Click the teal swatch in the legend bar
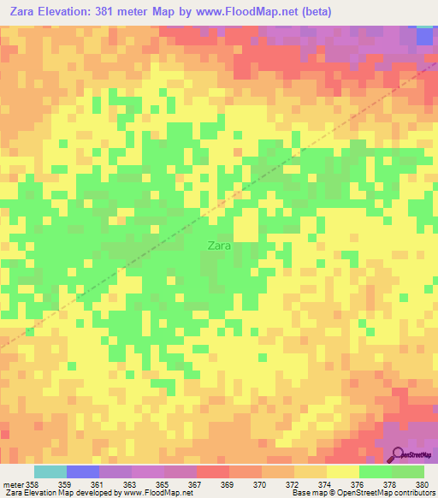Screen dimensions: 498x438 click(x=50, y=471)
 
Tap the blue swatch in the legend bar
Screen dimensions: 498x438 click(x=83, y=471)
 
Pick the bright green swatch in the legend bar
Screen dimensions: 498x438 click(x=376, y=471)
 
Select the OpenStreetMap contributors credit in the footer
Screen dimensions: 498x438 click(x=394, y=494)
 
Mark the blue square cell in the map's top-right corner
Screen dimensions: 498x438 click(x=424, y=36)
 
